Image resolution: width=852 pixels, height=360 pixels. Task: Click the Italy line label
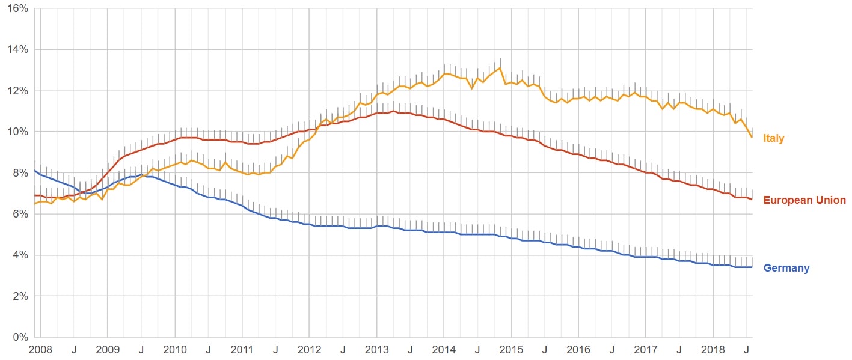tap(773, 139)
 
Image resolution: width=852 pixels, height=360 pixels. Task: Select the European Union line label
tap(804, 200)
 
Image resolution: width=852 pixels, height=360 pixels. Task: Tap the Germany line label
tap(786, 268)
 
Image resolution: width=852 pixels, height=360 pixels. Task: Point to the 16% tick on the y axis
tap(17, 8)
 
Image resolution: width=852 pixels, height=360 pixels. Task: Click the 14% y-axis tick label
tap(17, 49)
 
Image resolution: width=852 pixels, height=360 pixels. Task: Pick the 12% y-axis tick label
tap(17, 91)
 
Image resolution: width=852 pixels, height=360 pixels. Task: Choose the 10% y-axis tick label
tap(17, 132)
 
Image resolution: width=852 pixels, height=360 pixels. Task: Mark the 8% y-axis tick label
tap(20, 173)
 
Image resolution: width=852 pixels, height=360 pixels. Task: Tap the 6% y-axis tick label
tap(20, 214)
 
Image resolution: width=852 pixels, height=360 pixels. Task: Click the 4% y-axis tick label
tap(20, 255)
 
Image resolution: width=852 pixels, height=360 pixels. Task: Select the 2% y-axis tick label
tap(20, 296)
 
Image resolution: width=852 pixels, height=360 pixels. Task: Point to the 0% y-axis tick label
tap(20, 337)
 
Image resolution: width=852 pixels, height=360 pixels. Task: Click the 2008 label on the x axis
tap(40, 349)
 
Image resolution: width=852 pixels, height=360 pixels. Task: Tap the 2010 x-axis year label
tap(174, 349)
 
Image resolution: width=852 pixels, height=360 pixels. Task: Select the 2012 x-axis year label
tap(309, 349)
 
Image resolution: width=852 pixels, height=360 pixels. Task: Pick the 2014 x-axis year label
tap(444, 349)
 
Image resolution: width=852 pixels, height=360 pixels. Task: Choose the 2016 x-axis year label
tap(578, 349)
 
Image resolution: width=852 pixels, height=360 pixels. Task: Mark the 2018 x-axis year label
tap(713, 349)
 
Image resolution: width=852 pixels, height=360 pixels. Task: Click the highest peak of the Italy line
tap(500, 67)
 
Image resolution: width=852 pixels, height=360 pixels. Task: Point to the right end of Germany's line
tap(752, 267)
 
